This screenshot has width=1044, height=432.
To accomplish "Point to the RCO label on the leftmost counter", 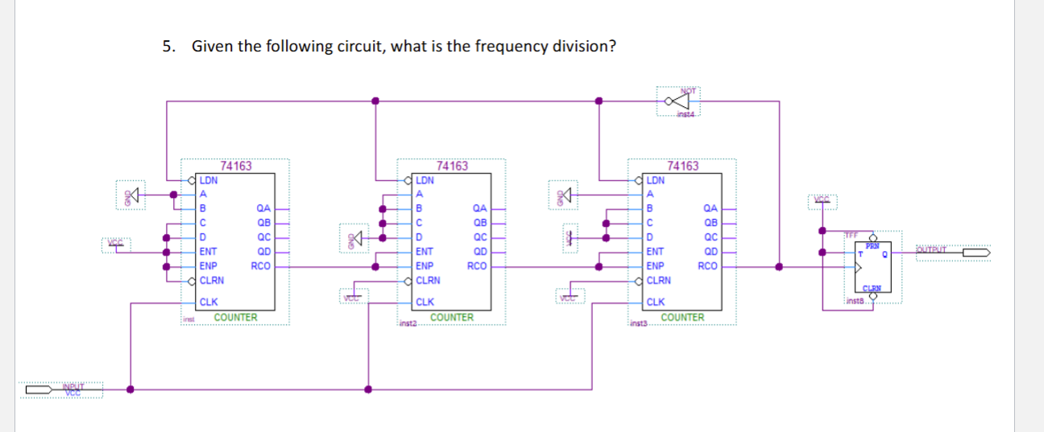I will click(x=260, y=264).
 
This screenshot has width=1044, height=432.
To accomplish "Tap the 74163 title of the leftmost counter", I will click(x=236, y=167).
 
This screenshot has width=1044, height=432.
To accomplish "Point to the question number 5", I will click(x=167, y=46).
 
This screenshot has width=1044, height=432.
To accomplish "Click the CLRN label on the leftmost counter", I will click(x=212, y=280).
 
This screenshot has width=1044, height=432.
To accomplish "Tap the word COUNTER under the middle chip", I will click(x=452, y=318).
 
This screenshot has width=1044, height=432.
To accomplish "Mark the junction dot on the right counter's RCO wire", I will click(x=779, y=265).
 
